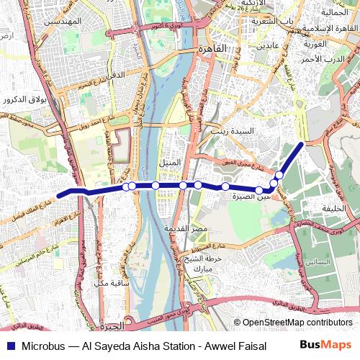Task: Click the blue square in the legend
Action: [9, 346]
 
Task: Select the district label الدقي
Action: [115, 75]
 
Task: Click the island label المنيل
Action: [171, 161]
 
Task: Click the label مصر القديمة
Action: [187, 229]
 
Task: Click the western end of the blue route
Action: [58, 194]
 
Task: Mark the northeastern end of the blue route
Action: [301, 144]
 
